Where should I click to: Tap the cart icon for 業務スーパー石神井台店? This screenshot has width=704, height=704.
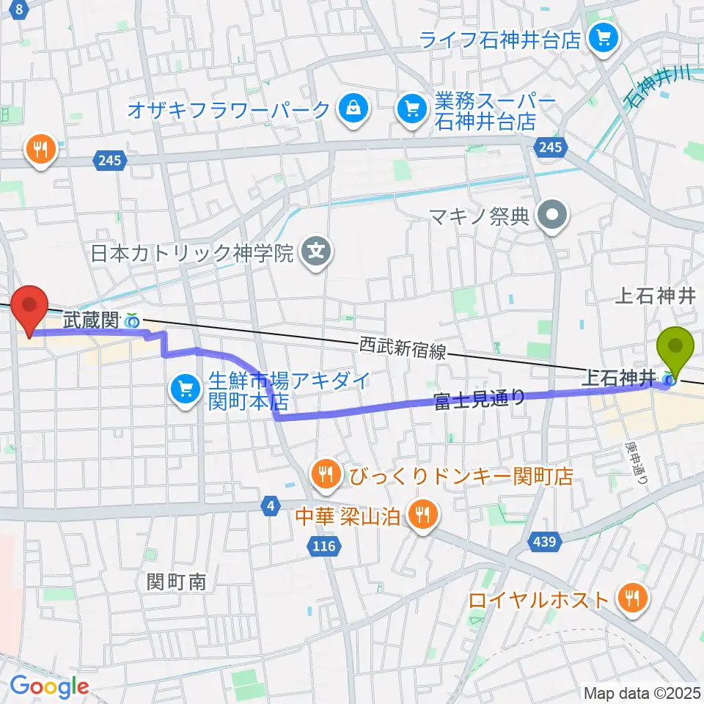tap(410, 110)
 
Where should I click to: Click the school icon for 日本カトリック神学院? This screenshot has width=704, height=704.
tap(316, 254)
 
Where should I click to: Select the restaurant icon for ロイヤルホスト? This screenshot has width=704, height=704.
tap(630, 598)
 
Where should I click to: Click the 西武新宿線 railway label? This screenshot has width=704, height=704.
tap(403, 348)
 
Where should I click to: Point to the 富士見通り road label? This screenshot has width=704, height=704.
tap(480, 400)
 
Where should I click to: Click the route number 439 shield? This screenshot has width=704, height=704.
tap(543, 542)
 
